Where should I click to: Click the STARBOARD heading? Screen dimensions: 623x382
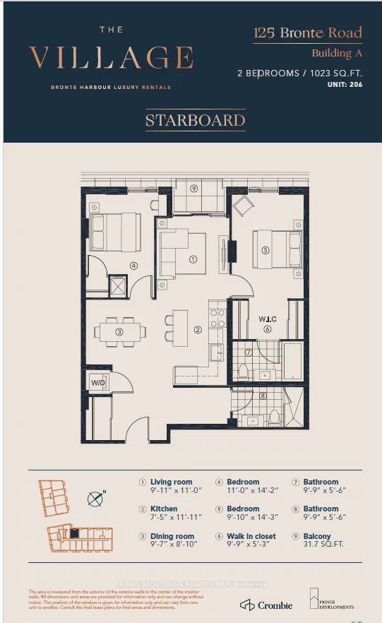(x=195, y=121)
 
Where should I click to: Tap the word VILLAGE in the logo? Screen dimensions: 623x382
(x=112, y=58)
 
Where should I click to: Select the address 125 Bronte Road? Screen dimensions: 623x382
(x=307, y=32)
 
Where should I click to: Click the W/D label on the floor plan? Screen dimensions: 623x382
(x=98, y=384)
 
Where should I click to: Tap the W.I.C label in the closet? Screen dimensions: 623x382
(x=267, y=318)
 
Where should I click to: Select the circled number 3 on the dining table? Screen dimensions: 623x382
(x=119, y=331)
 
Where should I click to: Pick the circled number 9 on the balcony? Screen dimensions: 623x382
(x=193, y=188)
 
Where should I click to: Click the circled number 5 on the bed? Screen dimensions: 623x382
(x=265, y=249)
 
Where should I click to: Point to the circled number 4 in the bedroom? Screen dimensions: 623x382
(x=133, y=266)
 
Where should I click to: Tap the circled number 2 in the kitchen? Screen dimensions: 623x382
(x=198, y=329)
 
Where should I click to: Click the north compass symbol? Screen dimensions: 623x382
(x=95, y=499)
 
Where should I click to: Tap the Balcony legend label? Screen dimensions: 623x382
(x=317, y=537)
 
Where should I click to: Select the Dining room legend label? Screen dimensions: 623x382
(x=172, y=537)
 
